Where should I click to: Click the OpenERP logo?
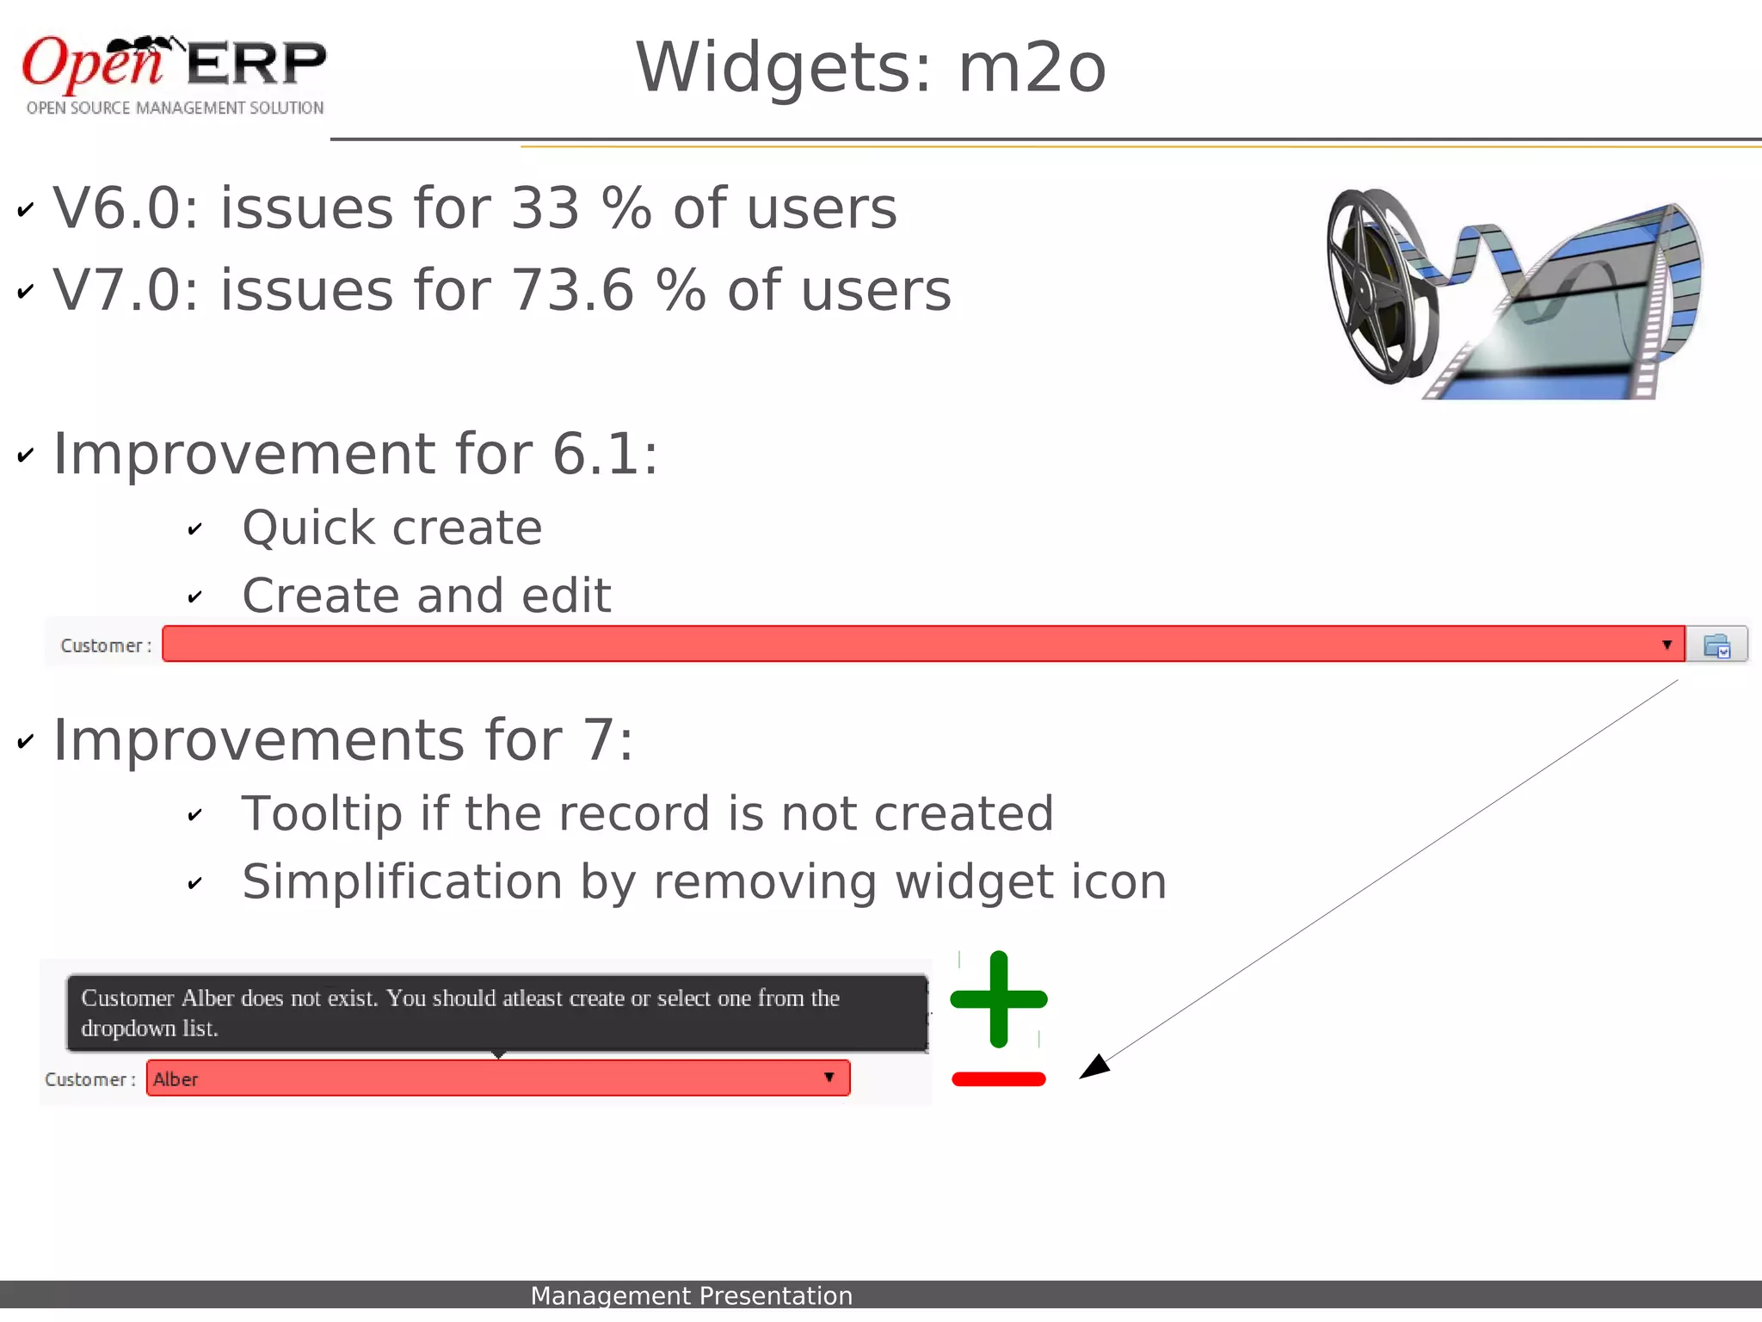tap(175, 73)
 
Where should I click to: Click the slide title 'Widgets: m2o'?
tap(870, 68)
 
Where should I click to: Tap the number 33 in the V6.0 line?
tap(545, 208)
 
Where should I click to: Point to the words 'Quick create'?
tap(392, 528)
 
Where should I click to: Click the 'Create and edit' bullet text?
tap(427, 596)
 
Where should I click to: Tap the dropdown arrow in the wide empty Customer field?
tap(1667, 645)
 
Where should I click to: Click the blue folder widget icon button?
tap(1716, 646)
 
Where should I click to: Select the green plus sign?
tap(999, 999)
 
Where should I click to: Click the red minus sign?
tap(999, 1079)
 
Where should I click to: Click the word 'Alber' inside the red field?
tap(176, 1079)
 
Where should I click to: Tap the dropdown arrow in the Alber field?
tap(829, 1078)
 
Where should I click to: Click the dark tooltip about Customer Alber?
tap(497, 1013)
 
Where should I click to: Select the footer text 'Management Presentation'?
tap(691, 1295)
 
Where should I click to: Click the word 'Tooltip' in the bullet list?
tap(322, 814)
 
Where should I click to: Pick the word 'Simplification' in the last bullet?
tap(402, 882)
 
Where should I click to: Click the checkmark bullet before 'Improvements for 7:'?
tap(26, 742)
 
